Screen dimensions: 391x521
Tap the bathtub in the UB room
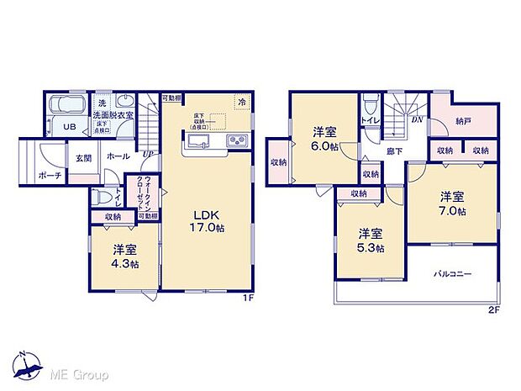tap(65, 108)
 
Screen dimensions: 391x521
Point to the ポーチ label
tap(49, 177)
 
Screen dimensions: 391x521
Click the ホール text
tap(118, 157)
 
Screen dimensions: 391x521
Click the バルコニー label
tap(452, 274)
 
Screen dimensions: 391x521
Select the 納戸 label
tap(464, 121)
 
